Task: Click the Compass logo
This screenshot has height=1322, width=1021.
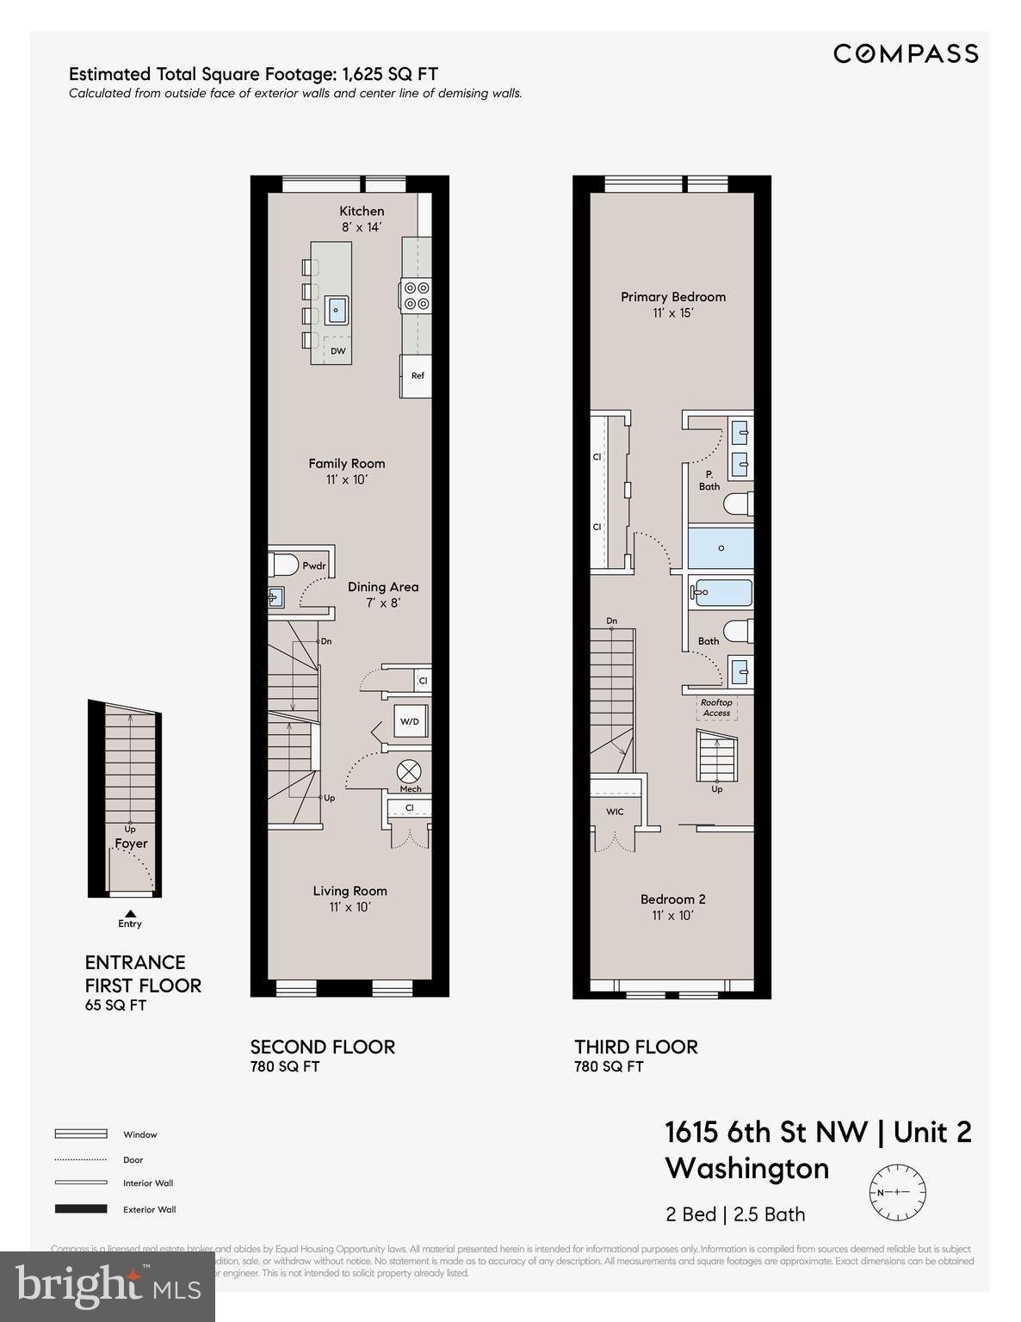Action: [x=906, y=53]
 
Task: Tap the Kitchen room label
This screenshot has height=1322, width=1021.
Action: [x=362, y=211]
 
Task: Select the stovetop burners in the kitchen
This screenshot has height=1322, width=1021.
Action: [x=417, y=295]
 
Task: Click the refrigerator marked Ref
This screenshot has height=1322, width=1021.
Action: [x=417, y=376]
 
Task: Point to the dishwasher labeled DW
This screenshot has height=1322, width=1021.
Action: [x=337, y=350]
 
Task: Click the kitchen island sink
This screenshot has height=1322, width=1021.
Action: [x=337, y=308]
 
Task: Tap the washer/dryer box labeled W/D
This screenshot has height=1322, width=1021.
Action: [x=411, y=721]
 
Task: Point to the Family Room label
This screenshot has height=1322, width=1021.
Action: [x=347, y=464]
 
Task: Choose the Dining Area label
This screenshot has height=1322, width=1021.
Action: [x=383, y=587]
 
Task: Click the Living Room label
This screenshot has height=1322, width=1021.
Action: [x=350, y=891]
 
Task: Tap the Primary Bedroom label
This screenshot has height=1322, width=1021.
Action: [x=673, y=297]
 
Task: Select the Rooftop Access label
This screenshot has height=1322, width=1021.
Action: [x=716, y=707]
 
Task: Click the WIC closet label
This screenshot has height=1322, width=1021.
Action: [x=615, y=812]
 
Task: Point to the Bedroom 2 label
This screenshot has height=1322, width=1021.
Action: [x=672, y=899]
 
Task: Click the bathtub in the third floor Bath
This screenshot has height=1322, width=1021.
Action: [x=723, y=592]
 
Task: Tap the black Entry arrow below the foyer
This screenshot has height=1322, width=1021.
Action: [x=130, y=913]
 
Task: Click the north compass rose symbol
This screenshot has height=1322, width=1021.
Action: [x=897, y=1192]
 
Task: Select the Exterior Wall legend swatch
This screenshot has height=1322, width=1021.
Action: [x=81, y=1209]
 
